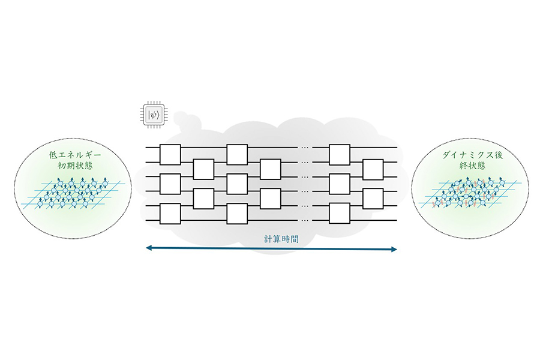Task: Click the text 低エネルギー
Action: coord(75,155)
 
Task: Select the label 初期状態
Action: coord(75,166)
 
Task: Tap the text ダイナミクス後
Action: coord(473,155)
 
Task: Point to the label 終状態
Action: coord(473,166)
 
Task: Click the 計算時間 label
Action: coord(281,239)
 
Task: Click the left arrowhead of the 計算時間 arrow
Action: coord(149,248)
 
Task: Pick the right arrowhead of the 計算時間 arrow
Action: coord(394,249)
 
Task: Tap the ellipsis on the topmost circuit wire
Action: coord(305,148)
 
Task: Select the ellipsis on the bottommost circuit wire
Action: coord(305,220)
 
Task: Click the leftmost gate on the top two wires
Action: coord(170,155)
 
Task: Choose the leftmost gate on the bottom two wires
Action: coord(170,214)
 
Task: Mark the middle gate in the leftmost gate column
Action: coord(170,184)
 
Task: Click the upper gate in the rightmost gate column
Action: coord(373,169)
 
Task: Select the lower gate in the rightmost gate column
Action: coord(373,199)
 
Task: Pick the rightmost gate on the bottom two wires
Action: coord(340,214)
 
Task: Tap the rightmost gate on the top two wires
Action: coord(340,155)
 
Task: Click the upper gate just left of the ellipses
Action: coord(271,169)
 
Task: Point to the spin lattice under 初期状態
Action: coord(71,194)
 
